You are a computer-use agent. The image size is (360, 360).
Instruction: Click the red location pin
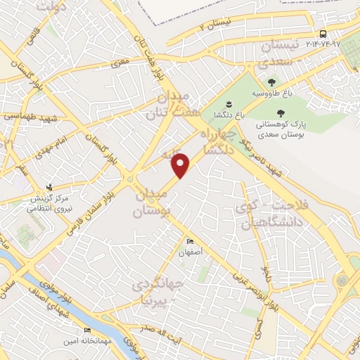click(181, 165)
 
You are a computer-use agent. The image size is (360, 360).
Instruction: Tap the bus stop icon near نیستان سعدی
click(322, 33)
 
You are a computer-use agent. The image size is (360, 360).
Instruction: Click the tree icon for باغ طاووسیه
click(272, 82)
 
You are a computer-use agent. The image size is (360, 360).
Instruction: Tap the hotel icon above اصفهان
click(190, 242)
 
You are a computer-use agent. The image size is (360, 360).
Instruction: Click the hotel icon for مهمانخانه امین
click(87, 330)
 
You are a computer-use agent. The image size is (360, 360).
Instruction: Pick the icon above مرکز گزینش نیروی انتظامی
click(49, 187)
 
